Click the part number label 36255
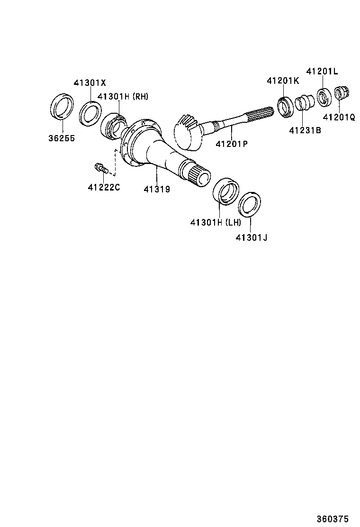[61, 139]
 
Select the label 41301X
[90, 82]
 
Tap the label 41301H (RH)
[123, 97]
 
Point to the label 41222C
[104, 187]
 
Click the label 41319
[157, 189]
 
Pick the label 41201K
[283, 81]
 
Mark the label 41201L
[322, 72]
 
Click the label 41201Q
[339, 117]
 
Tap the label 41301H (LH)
[216, 222]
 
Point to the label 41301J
[252, 236]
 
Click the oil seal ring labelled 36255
[62, 107]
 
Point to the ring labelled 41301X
[90, 113]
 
